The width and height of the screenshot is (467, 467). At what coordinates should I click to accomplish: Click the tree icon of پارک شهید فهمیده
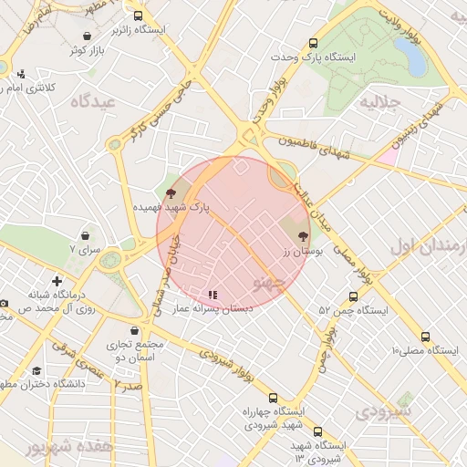[171, 192]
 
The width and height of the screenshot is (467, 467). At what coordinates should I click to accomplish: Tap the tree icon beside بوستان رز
[303, 236]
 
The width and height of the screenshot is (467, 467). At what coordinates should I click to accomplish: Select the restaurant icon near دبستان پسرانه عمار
[212, 295]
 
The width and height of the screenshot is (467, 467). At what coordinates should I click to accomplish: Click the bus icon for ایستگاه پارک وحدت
[314, 42]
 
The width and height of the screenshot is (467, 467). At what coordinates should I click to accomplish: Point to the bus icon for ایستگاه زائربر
[138, 16]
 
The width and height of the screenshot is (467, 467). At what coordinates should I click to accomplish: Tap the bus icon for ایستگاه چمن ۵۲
[353, 296]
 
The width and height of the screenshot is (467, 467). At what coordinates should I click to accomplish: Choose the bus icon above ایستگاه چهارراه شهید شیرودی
[273, 397]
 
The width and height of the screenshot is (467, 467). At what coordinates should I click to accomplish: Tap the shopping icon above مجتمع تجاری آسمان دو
[135, 330]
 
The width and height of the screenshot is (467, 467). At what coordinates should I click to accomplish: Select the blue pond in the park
[414, 57]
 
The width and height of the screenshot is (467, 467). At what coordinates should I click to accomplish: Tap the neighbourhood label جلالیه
[382, 102]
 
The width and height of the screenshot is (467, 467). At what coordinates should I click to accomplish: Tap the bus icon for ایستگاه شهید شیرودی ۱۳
[317, 431]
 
